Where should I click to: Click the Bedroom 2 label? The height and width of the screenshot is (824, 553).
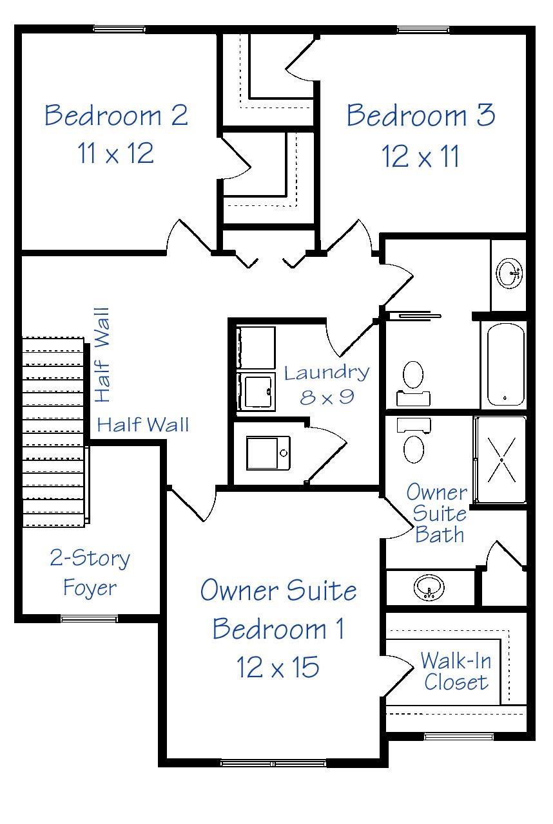[116, 115]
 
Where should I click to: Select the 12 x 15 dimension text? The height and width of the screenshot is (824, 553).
[278, 668]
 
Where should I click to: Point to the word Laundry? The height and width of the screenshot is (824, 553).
[327, 373]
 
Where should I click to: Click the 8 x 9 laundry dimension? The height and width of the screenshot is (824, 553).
[327, 397]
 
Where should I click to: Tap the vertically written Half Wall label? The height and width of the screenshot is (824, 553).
[102, 355]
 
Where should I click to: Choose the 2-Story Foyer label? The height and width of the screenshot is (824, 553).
[90, 572]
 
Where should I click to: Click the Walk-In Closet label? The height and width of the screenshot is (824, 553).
[455, 671]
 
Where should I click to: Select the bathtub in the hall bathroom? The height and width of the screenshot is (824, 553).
[506, 364]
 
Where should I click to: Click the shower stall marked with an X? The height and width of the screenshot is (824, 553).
[501, 460]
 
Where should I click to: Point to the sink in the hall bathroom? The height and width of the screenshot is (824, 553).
[510, 274]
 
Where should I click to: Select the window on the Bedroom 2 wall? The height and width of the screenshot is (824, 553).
[119, 29]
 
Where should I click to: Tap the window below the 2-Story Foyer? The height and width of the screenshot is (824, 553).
[89, 619]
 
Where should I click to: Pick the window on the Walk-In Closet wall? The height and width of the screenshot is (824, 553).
[459, 736]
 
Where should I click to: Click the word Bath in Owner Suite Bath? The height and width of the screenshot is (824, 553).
[440, 534]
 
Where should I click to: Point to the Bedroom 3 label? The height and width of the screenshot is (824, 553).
[421, 116]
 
